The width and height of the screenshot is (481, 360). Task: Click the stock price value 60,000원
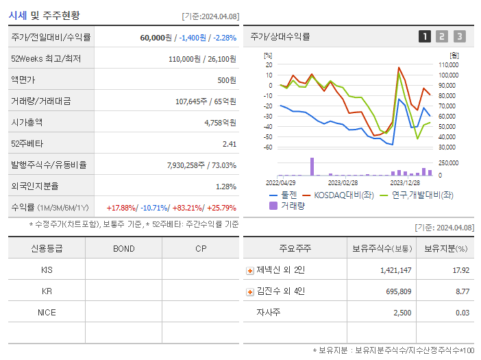click(156, 37)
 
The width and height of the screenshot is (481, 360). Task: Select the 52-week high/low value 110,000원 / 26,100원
click(202, 59)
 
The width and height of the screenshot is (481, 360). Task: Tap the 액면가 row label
click(23, 80)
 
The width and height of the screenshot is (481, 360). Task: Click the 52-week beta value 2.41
click(229, 144)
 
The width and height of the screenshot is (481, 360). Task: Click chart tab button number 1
click(425, 36)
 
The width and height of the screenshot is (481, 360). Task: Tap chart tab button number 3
click(459, 36)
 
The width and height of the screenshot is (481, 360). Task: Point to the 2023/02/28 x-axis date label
click(343, 183)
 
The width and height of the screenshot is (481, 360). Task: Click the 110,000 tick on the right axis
click(448, 64)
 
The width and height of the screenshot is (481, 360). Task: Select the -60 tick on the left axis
click(268, 147)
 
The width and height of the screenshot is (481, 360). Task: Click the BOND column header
click(123, 248)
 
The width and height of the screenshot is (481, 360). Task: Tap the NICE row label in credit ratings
click(47, 312)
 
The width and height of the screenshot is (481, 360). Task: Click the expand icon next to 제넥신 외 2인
click(250, 270)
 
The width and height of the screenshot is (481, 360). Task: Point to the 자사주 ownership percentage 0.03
click(463, 313)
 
